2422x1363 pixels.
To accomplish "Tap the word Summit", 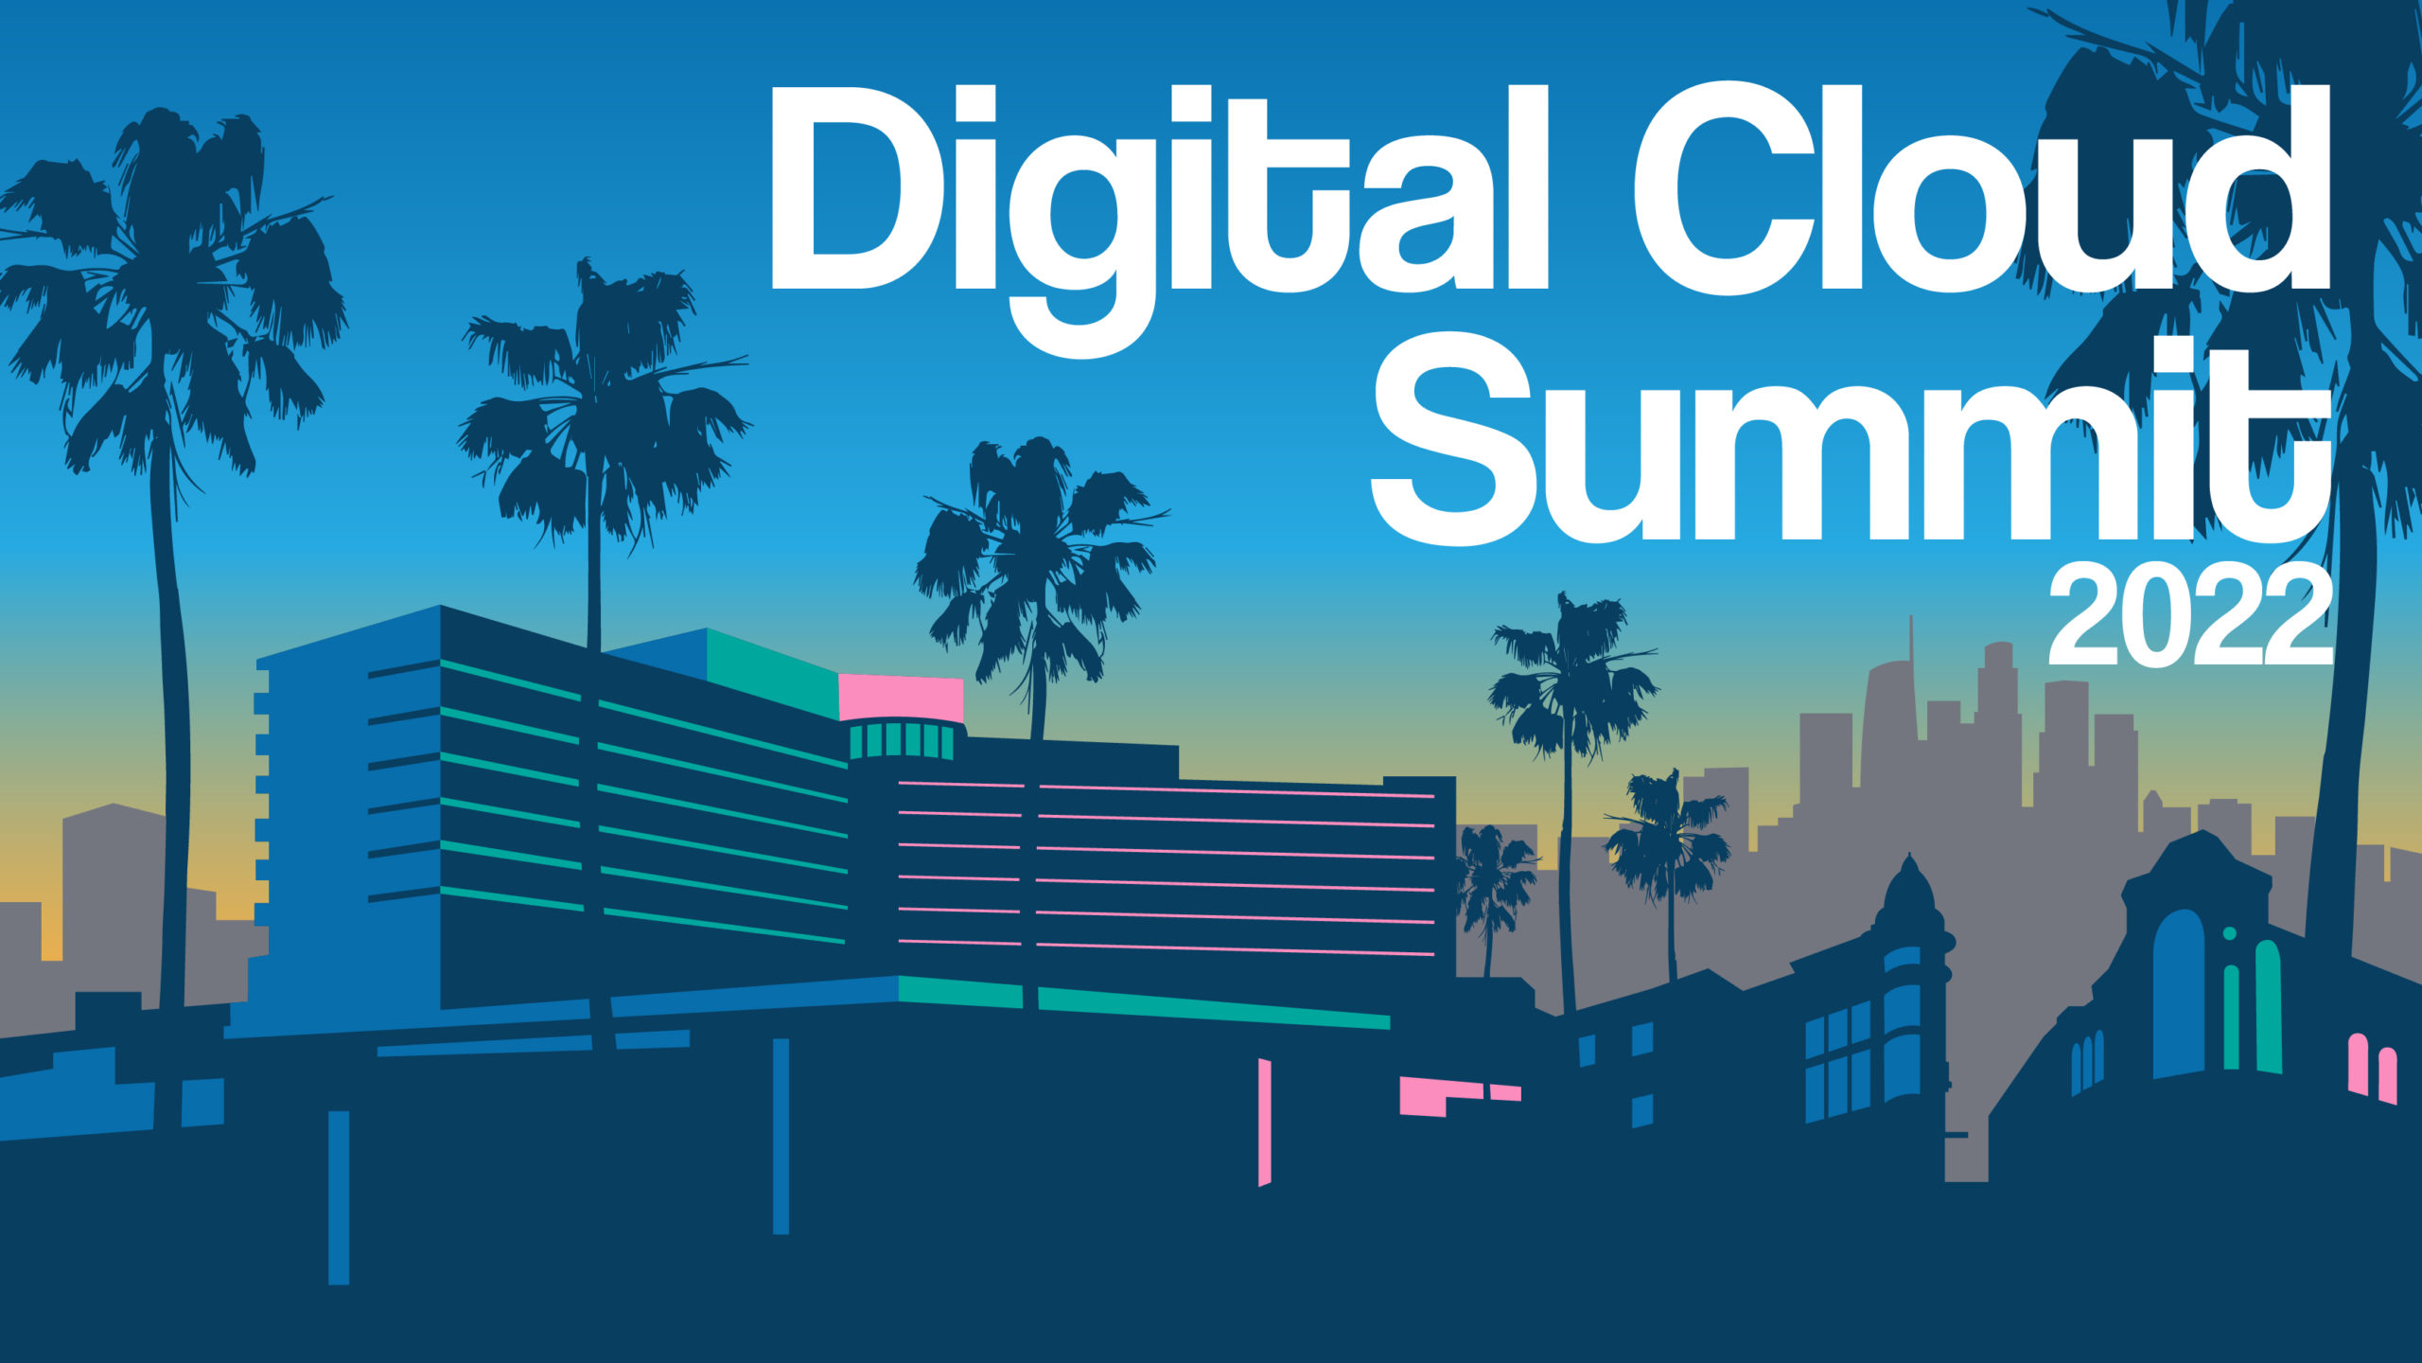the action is (x=1851, y=450).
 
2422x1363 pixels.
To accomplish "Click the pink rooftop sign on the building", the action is (x=901, y=699).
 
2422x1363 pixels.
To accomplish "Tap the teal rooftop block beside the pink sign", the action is (x=772, y=673).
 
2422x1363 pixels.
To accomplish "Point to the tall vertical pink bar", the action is (x=1264, y=1122).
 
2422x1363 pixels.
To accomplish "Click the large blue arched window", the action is (x=2179, y=994).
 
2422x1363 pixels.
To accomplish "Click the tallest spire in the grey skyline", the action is (x=1909, y=663).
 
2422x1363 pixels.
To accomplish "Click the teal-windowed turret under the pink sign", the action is (x=902, y=739).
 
